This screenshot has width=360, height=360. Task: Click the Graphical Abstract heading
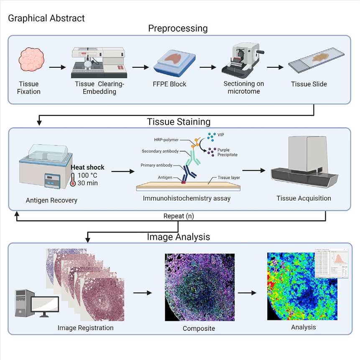tap(46, 18)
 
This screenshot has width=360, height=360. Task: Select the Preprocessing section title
tap(178, 28)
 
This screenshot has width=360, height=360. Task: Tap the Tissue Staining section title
tap(179, 122)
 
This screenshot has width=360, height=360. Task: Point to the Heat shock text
tap(87, 167)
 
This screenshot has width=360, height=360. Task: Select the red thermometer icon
tap(74, 180)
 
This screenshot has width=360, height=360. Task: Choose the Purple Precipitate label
tap(227, 152)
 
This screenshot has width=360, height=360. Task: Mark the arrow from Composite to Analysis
tap(250, 293)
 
